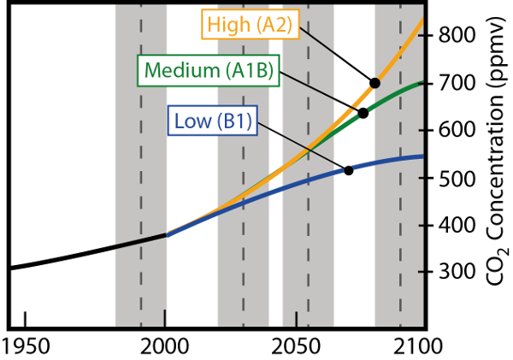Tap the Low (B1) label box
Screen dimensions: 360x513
point(212,121)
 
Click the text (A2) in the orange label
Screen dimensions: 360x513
point(274,25)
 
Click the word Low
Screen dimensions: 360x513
point(192,121)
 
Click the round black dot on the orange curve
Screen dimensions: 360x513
point(374,82)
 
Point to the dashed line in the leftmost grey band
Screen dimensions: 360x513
point(141,282)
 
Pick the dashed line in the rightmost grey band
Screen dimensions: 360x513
point(399,282)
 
